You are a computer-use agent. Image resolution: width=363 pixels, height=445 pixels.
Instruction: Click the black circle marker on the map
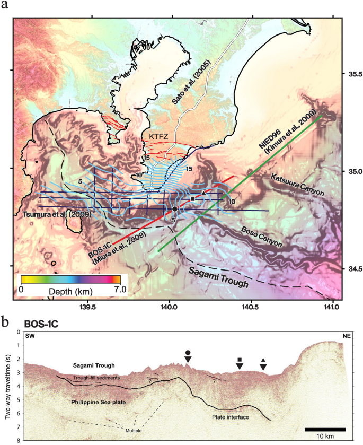coord(175,209)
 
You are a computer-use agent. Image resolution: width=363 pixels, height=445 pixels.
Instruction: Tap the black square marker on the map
coord(192,199)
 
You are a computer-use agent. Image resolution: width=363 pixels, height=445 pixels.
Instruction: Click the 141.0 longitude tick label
coord(332,306)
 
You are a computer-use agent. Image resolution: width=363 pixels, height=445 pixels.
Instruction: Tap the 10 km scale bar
coord(325,429)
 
